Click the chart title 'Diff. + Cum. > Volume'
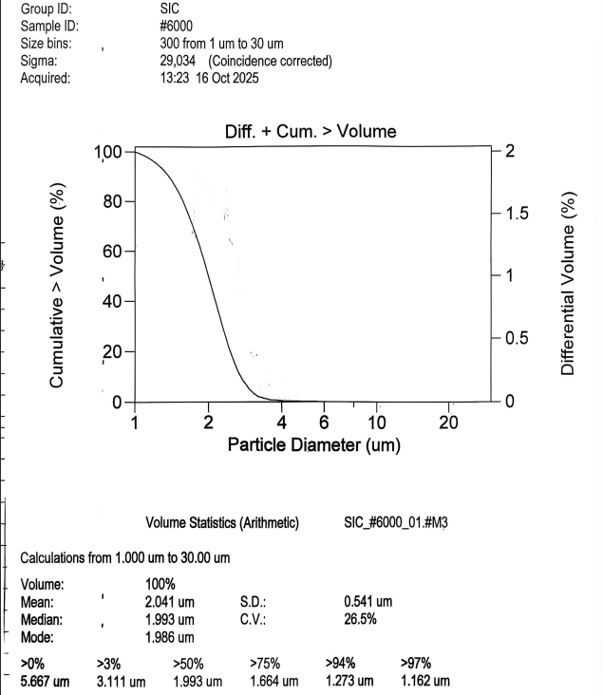tap(311, 132)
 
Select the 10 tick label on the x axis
tap(376, 423)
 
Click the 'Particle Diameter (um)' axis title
tap(313, 444)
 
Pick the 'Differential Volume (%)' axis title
tap(569, 283)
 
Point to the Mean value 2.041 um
tap(169, 602)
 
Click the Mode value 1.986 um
tap(169, 637)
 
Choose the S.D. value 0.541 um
tap(367, 602)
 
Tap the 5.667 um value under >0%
tap(45, 681)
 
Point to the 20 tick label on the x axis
tap(449, 423)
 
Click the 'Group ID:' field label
tap(47, 9)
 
